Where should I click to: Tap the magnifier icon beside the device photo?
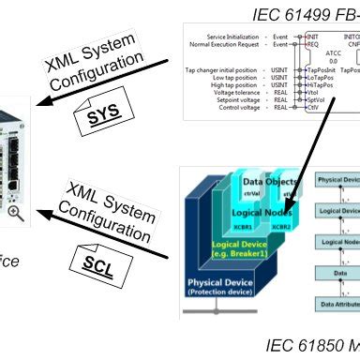tap(16, 213)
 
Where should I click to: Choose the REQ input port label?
tap(313, 44)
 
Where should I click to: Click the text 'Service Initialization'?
tap(226, 36)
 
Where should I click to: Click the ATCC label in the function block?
tap(333, 53)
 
